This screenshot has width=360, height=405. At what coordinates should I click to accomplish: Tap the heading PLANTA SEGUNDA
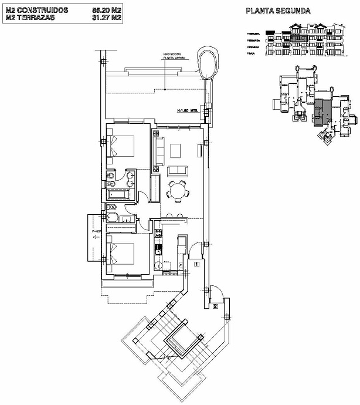coord(278,11)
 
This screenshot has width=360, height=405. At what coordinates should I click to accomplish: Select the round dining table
coord(176,190)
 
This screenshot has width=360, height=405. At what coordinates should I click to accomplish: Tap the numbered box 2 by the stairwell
coord(216,306)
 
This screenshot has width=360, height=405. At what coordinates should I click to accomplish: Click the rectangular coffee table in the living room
coord(176,150)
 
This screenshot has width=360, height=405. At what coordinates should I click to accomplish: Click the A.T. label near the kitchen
coord(180,266)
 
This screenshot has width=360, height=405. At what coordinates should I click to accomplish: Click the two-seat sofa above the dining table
coord(178,171)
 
